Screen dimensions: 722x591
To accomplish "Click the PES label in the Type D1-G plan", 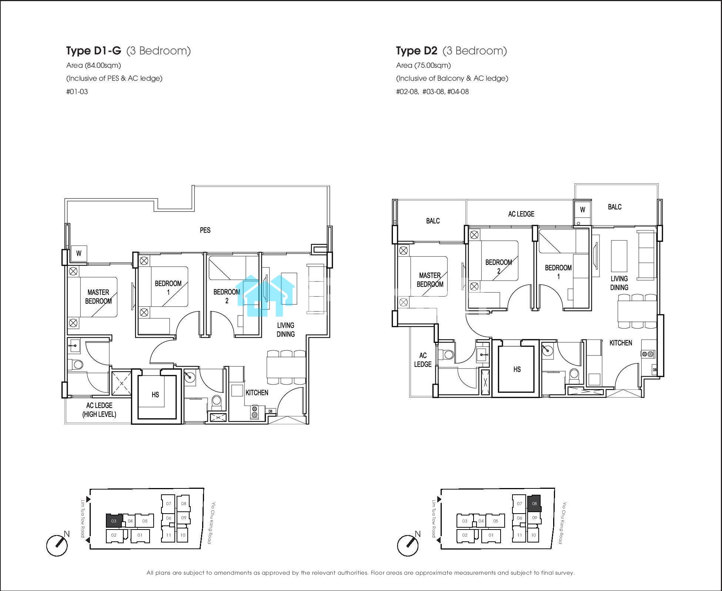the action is pyautogui.click(x=205, y=230).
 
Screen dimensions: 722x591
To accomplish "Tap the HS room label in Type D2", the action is pyautogui.click(x=517, y=369).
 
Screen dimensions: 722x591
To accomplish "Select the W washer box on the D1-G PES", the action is pyautogui.click(x=79, y=254).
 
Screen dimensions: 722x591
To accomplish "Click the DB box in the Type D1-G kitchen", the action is pyautogui.click(x=271, y=411).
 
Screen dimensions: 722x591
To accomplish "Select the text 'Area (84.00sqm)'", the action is pyautogui.click(x=94, y=66).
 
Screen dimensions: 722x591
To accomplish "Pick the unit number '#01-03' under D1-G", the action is pyautogui.click(x=77, y=91).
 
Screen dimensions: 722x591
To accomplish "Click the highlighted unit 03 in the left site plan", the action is pyautogui.click(x=114, y=521).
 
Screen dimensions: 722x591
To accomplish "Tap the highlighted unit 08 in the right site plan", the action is pyautogui.click(x=534, y=504).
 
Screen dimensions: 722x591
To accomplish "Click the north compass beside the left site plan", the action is pyautogui.click(x=57, y=545).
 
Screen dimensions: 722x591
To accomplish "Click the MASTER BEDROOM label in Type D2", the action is pyautogui.click(x=430, y=280).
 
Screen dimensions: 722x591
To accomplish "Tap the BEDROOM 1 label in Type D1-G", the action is pyautogui.click(x=168, y=288).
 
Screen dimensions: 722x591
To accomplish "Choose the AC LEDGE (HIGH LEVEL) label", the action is pyautogui.click(x=99, y=410).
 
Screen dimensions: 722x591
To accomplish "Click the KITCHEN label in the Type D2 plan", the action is pyautogui.click(x=621, y=343).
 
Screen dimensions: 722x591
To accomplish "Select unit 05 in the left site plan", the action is pyautogui.click(x=145, y=521).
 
